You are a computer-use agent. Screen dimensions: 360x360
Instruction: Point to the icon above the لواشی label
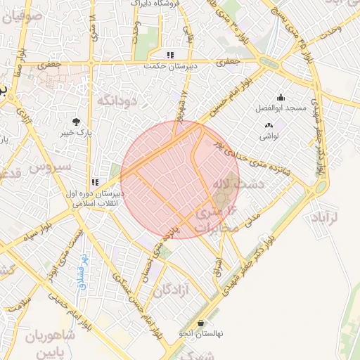tap(268, 126)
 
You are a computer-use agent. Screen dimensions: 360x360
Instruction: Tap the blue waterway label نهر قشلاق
tap(82, 272)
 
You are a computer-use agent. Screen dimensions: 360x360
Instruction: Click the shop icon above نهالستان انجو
tap(202, 323)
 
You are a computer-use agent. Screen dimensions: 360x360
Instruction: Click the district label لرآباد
tap(324, 216)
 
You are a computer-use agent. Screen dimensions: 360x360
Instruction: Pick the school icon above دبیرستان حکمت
tap(169, 55)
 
